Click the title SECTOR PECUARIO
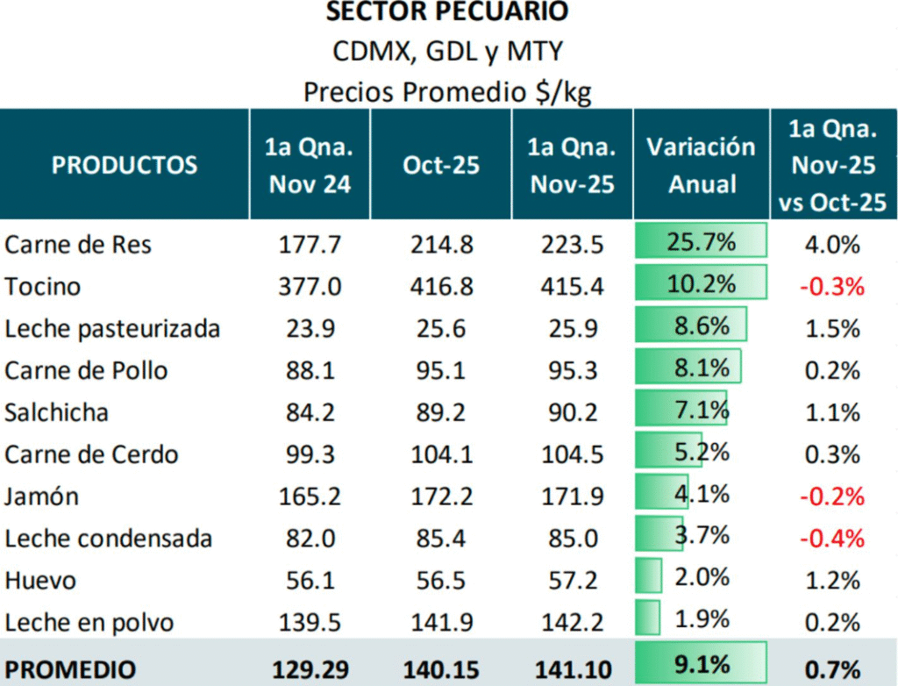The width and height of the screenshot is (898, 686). pyautogui.click(x=447, y=12)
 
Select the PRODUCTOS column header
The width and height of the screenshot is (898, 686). pyautogui.click(x=125, y=165)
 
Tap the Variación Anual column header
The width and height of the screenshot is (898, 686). pyautogui.click(x=701, y=165)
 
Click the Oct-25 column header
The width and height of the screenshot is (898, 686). pyautogui.click(x=441, y=165)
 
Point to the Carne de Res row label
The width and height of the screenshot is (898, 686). pyautogui.click(x=78, y=244)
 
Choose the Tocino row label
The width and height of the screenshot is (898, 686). pyautogui.click(x=42, y=286)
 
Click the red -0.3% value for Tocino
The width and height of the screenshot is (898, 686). pyautogui.click(x=832, y=286)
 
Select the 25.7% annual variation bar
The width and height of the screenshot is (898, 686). pyautogui.click(x=702, y=242)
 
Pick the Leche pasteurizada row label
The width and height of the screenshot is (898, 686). pyautogui.click(x=112, y=328)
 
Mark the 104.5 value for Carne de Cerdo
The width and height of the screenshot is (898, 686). pyautogui.click(x=572, y=454)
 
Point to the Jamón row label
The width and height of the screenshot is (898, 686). pyautogui.click(x=41, y=497)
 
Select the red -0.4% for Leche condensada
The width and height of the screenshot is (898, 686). pyautogui.click(x=832, y=538)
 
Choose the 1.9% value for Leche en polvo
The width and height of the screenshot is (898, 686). pyautogui.click(x=702, y=619)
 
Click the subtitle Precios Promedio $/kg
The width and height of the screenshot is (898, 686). pyautogui.click(x=447, y=91)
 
